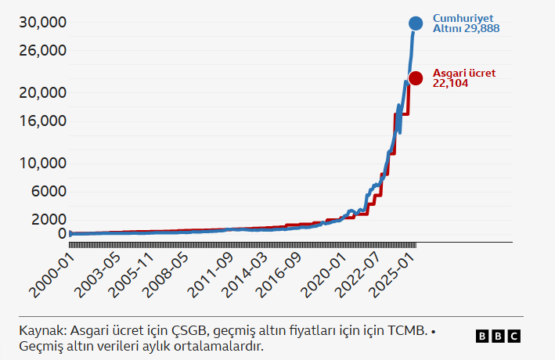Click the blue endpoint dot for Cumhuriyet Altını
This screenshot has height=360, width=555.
point(416,23)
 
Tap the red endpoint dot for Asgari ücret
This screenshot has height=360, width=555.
point(416,78)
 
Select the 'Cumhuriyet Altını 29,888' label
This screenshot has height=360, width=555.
point(466,23)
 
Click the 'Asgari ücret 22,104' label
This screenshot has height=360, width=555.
point(463,77)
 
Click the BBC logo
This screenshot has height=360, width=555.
point(498,337)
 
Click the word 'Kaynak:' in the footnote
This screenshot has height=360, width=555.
point(42,331)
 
